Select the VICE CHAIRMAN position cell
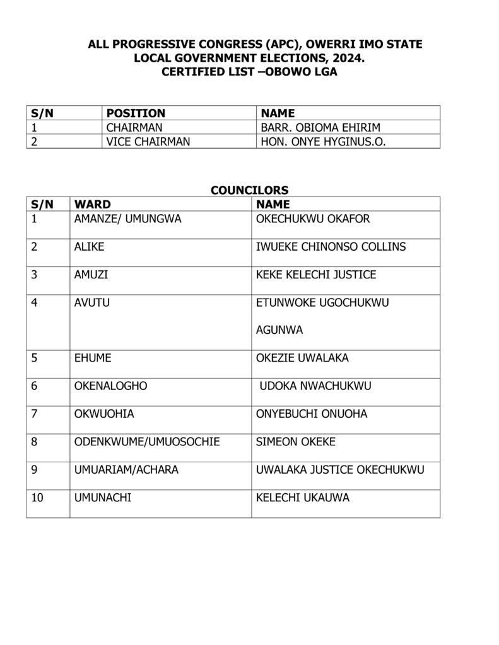pyautogui.click(x=148, y=142)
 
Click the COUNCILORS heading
pyautogui.click(x=249, y=190)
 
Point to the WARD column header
pyautogui.click(x=92, y=204)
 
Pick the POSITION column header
pyautogui.click(x=136, y=113)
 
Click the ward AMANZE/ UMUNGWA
pyautogui.click(x=122, y=219)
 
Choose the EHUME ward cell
pyautogui.click(x=91, y=358)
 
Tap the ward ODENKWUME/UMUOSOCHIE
pyautogui.click(x=146, y=442)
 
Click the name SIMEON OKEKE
pyautogui.click(x=296, y=442)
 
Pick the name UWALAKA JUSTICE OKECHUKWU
pyautogui.click(x=340, y=470)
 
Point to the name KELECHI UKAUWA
pyautogui.click(x=302, y=498)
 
